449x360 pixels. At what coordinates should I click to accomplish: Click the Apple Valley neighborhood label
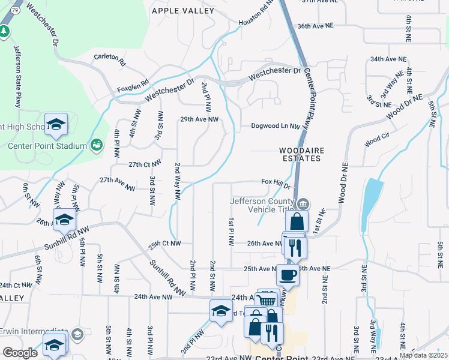pos(183,11)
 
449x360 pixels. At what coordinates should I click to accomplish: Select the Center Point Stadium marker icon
pos(95,145)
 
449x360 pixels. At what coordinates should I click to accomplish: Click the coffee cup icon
pos(288,275)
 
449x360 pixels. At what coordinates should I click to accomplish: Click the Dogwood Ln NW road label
pos(275,126)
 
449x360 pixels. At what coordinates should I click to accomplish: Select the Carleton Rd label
pos(110,59)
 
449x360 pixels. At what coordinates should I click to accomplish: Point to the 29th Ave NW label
pos(199,119)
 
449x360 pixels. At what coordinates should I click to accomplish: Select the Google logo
pos(20,353)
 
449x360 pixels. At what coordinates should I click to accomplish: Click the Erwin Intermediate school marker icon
pos(77,333)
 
